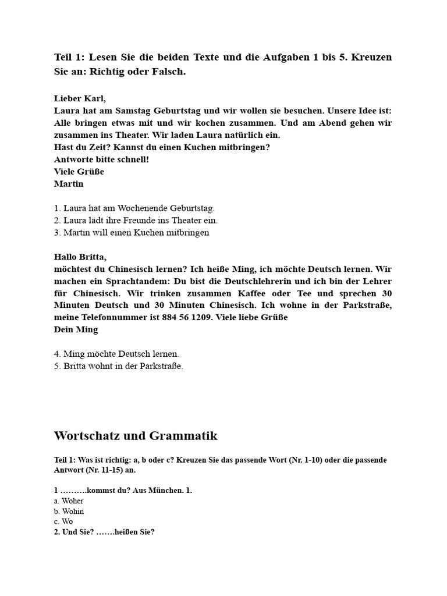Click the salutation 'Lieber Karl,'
pyautogui.click(x=80, y=98)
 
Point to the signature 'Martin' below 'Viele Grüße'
pyautogui.click(x=69, y=184)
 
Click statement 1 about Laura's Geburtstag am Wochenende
pyautogui.click(x=134, y=208)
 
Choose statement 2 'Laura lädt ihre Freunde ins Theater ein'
pyautogui.click(x=136, y=220)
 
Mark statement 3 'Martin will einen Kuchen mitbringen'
pyautogui.click(x=132, y=232)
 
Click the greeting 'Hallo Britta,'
pyautogui.click(x=80, y=257)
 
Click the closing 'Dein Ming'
pyautogui.click(x=76, y=329)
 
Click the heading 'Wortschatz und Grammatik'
pyautogui.click(x=136, y=436)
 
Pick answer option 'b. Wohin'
pyautogui.click(x=69, y=512)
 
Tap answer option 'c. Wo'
pyautogui.click(x=63, y=521)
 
